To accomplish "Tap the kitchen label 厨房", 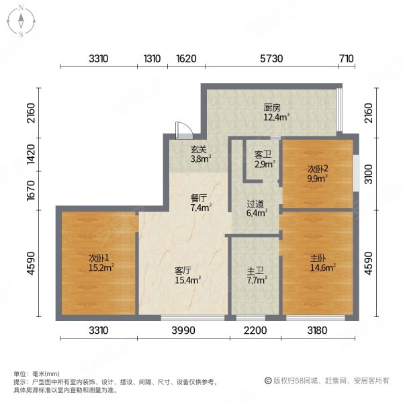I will (x=271, y=107).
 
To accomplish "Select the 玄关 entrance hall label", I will (x=197, y=150).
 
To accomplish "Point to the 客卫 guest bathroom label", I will (x=261, y=155).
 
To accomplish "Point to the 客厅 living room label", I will (x=184, y=271).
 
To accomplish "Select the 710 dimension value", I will (x=346, y=58).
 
